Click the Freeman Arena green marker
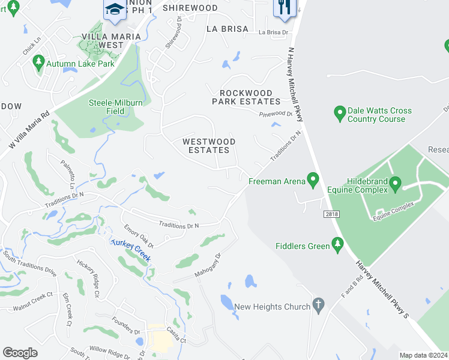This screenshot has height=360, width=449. (312, 178)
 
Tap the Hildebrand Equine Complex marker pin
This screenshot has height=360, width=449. (395, 183)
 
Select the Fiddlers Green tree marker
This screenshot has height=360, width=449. (337, 245)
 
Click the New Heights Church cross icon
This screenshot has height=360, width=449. (319, 306)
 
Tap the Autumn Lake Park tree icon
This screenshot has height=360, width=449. (39, 62)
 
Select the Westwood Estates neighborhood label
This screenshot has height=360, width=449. (209, 145)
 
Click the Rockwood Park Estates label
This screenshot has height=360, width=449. (246, 97)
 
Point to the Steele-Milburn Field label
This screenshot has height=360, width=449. (116, 106)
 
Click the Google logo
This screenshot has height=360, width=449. (20, 353)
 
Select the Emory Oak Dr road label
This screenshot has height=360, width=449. (139, 236)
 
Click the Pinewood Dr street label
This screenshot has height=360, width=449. (276, 113)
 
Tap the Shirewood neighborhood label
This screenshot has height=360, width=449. (190, 8)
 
